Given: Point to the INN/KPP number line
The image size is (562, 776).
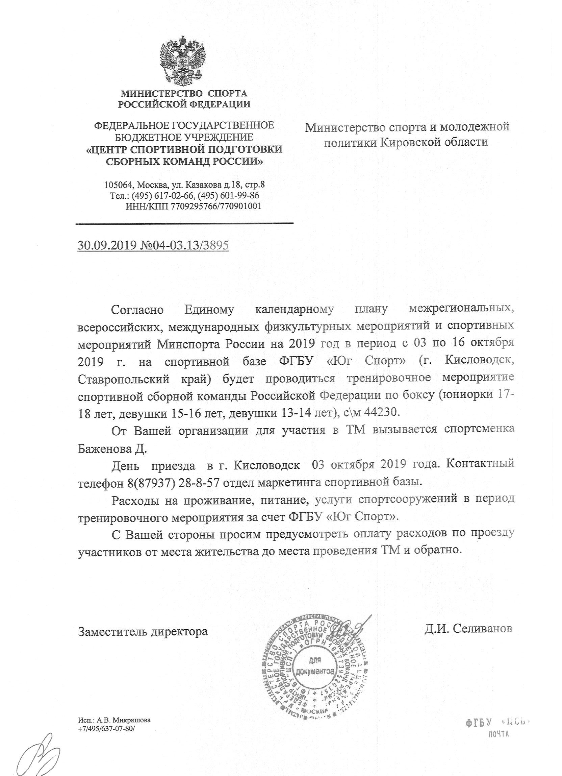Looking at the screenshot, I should [x=194, y=206].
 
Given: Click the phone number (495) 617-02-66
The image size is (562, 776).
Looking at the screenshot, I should [x=163, y=196].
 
